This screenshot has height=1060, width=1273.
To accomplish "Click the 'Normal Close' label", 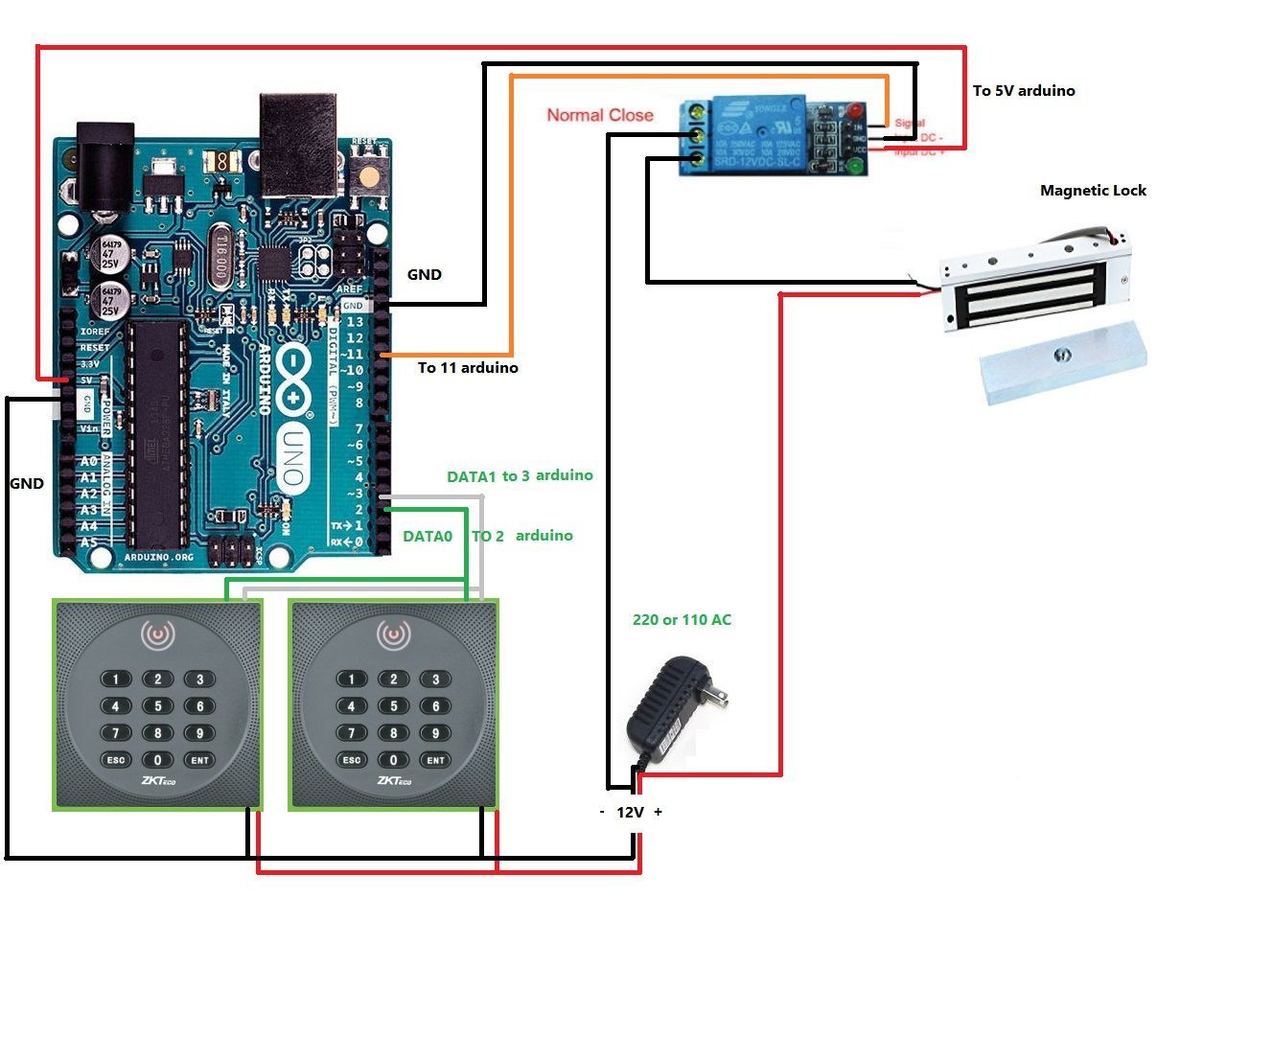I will (600, 115).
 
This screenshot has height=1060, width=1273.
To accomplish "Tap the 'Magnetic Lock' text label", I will (1093, 191).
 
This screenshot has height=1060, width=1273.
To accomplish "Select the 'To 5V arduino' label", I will (1024, 91).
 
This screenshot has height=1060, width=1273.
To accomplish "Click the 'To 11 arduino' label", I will (468, 368).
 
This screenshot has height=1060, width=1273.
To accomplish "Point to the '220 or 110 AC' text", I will (682, 620).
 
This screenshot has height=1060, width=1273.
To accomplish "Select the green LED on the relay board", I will (854, 167).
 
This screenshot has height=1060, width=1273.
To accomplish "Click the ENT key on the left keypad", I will (200, 760).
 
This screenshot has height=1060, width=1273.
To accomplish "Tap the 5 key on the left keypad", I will (158, 706).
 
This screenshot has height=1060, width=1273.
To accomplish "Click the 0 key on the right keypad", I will (393, 760).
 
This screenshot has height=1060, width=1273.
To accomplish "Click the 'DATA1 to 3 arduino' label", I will (520, 476).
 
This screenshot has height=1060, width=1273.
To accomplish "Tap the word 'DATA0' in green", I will (428, 537).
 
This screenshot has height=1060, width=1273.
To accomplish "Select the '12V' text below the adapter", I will (630, 813).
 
